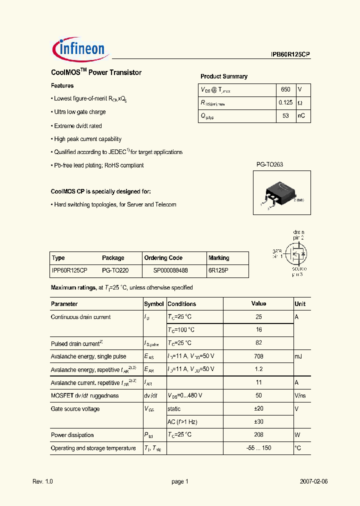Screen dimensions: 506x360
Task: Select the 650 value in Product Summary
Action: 285,89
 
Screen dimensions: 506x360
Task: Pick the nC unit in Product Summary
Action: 301,116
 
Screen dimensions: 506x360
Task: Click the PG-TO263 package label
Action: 269,164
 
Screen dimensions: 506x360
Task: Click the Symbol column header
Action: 154,304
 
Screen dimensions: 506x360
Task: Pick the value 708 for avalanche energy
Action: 258,356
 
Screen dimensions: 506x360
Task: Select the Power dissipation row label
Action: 72,435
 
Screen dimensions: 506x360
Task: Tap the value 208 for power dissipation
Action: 258,435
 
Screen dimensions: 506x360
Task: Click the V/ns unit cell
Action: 300,395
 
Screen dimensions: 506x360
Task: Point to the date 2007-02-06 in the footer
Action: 313,481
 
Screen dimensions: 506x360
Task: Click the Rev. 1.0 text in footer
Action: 42,481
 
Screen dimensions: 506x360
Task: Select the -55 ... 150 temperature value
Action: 258,448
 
